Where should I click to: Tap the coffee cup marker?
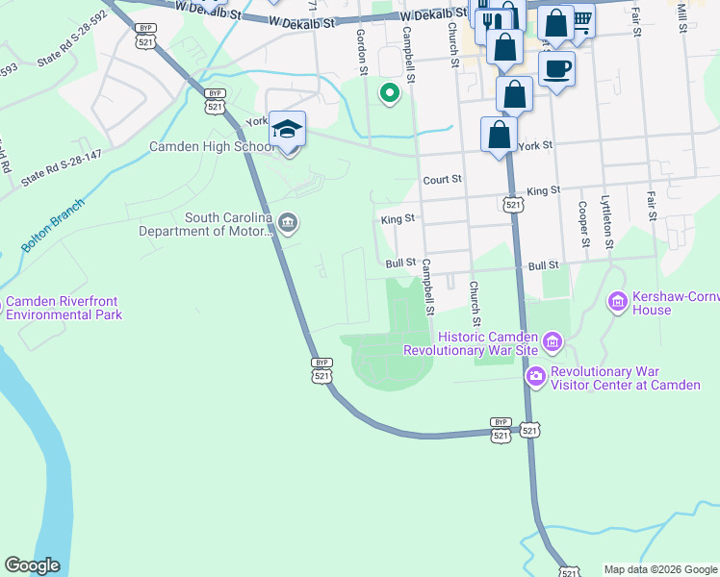pyautogui.click(x=557, y=69)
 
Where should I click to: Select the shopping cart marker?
pyautogui.click(x=580, y=19)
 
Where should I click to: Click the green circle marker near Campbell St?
pyautogui.click(x=389, y=93)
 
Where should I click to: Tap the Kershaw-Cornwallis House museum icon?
pyautogui.click(x=617, y=303)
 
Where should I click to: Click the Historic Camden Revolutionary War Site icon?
pyautogui.click(x=552, y=341)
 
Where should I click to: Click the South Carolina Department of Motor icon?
pyautogui.click(x=287, y=224)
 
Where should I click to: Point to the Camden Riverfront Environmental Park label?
pyautogui.click(x=63, y=308)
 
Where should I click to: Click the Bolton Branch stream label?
pyautogui.click(x=53, y=226)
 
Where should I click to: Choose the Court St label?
pyautogui.click(x=443, y=179)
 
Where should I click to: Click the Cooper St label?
pyautogui.click(x=582, y=223)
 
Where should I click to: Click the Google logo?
pyautogui.click(x=32, y=565)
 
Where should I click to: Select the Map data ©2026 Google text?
pyautogui.click(x=659, y=569)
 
